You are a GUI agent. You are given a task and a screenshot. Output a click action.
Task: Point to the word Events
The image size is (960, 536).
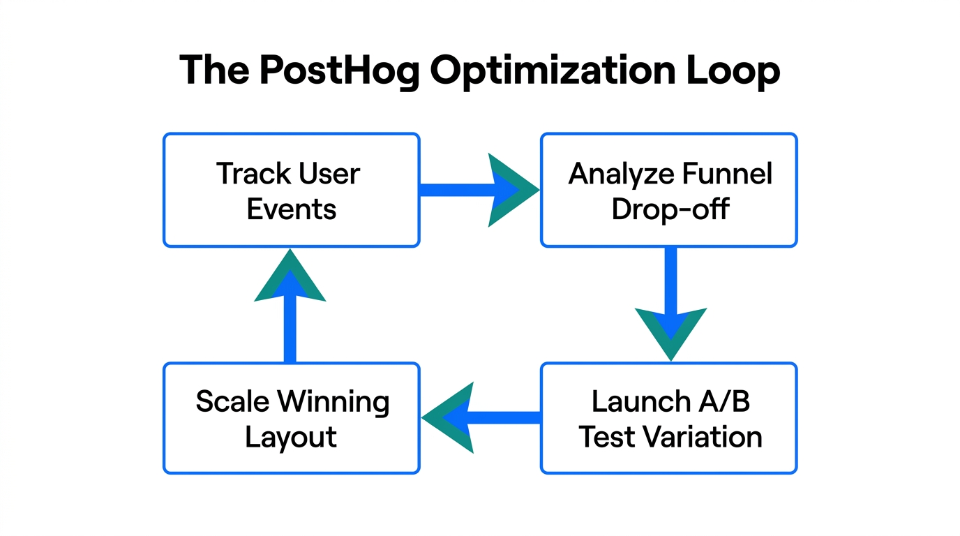(x=292, y=209)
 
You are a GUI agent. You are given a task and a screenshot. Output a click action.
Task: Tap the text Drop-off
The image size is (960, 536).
(x=670, y=209)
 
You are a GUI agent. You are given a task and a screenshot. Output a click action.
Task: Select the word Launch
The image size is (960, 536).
(x=631, y=401)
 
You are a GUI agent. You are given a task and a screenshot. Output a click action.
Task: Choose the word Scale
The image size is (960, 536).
(x=233, y=401)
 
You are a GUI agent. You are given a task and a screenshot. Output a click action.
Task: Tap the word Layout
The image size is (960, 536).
(x=291, y=438)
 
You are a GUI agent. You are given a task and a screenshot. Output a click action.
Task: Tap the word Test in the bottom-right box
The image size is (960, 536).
(x=607, y=438)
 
